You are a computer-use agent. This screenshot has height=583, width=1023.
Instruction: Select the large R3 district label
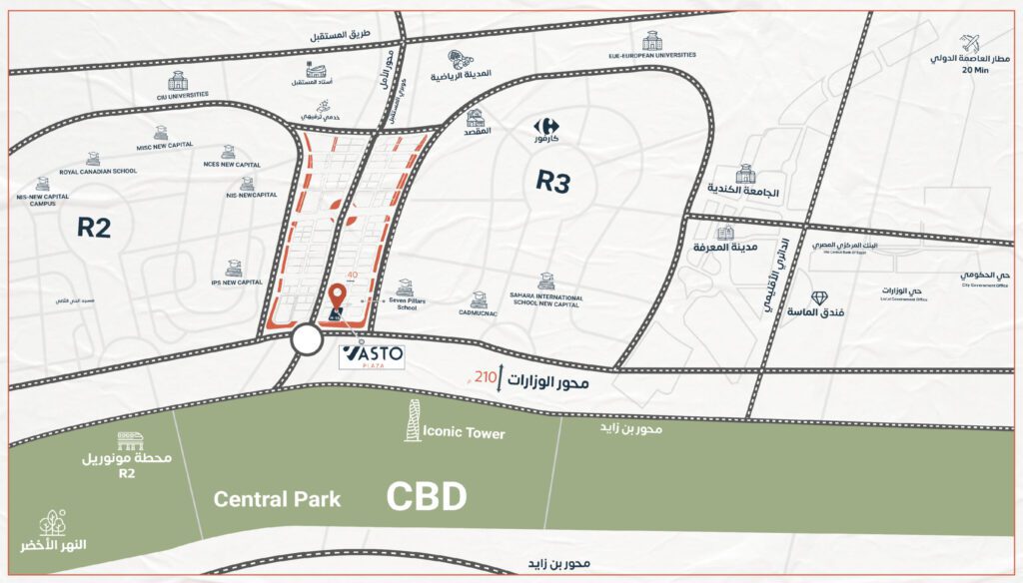pyautogui.click(x=552, y=181)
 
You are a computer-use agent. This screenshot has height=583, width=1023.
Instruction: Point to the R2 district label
pyautogui.click(x=94, y=228)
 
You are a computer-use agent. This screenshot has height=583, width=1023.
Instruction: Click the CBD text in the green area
pyautogui.click(x=427, y=496)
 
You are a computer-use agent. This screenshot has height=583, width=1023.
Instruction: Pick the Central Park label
pyautogui.click(x=277, y=499)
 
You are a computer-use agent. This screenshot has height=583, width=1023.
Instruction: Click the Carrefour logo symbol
pyautogui.click(x=544, y=126)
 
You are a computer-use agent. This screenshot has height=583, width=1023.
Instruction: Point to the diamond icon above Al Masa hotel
pyautogui.click(x=819, y=297)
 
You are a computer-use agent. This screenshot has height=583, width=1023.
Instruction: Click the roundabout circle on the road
pyautogui.click(x=308, y=341)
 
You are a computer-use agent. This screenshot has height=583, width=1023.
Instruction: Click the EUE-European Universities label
pyautogui.click(x=651, y=57)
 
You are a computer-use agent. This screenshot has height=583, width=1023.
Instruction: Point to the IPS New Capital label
pyautogui.click(x=235, y=282)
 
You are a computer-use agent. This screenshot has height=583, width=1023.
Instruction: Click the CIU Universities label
pyautogui.click(x=178, y=94)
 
